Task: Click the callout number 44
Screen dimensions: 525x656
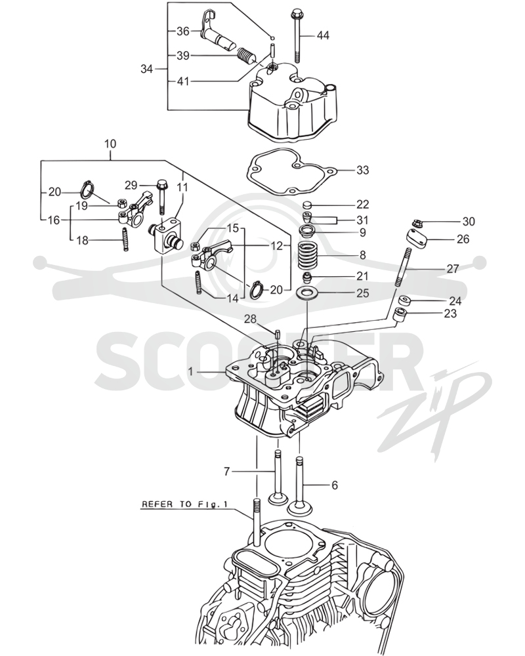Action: (x=322, y=35)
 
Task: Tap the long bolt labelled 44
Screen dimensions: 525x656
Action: (x=295, y=35)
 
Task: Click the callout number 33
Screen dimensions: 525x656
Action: (x=362, y=171)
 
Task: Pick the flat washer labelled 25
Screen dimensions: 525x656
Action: (x=307, y=293)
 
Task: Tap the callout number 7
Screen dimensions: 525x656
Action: (x=226, y=472)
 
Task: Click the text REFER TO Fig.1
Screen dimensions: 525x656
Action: (x=184, y=504)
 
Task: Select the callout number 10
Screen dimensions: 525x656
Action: (x=110, y=144)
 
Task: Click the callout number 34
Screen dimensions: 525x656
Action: (x=146, y=69)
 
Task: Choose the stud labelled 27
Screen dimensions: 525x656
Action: (x=403, y=266)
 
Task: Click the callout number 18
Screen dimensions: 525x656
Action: (x=83, y=241)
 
